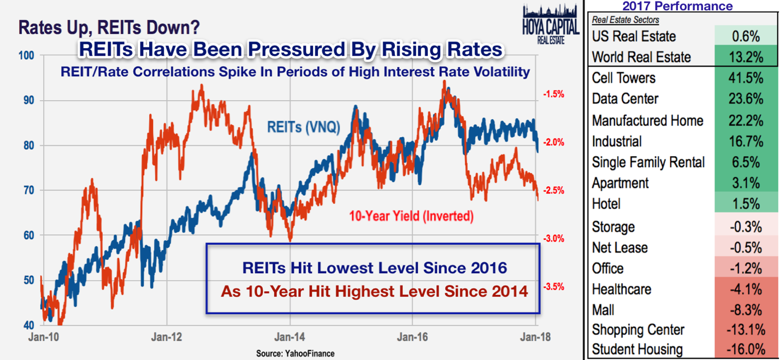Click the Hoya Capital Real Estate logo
[x=550, y=25]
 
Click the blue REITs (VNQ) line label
[x=303, y=127]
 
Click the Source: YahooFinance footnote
[x=295, y=353]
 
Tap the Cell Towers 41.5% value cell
[x=746, y=78]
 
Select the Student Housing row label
[x=637, y=349]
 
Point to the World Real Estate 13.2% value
[x=746, y=57]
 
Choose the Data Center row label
[x=625, y=99]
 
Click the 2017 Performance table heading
[x=677, y=7]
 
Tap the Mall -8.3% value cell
[x=746, y=310]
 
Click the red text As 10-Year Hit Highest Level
[x=374, y=291]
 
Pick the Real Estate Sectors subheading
[x=625, y=20]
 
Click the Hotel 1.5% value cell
[x=746, y=204]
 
